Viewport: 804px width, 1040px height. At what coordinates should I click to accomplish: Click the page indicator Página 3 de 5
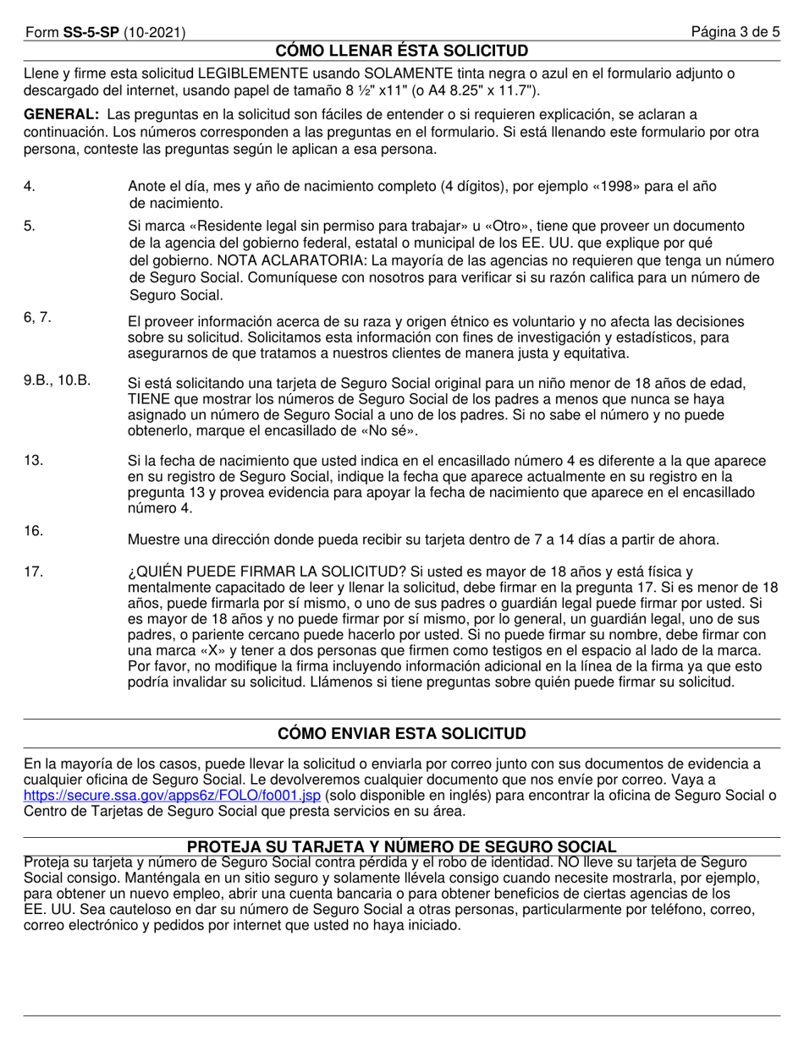[x=735, y=33]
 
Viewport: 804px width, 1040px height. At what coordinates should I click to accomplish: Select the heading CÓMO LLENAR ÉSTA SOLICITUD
[x=402, y=51]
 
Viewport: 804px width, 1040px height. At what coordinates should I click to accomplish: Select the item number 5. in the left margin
[x=30, y=226]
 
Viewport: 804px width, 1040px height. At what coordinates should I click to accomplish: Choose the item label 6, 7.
[x=37, y=317]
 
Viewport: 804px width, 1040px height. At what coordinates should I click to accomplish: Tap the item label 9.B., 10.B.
[x=57, y=380]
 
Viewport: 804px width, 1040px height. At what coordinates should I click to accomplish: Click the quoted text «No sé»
[x=394, y=430]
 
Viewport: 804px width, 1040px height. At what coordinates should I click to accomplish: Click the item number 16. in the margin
[x=33, y=530]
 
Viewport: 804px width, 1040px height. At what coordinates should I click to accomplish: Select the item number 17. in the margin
[x=33, y=572]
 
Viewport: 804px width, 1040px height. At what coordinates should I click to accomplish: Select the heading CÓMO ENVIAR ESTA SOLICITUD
[x=402, y=733]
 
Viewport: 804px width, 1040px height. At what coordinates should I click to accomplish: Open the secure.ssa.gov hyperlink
[x=173, y=796]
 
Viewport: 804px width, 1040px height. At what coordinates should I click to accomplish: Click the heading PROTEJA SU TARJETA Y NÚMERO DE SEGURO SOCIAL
[x=402, y=846]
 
